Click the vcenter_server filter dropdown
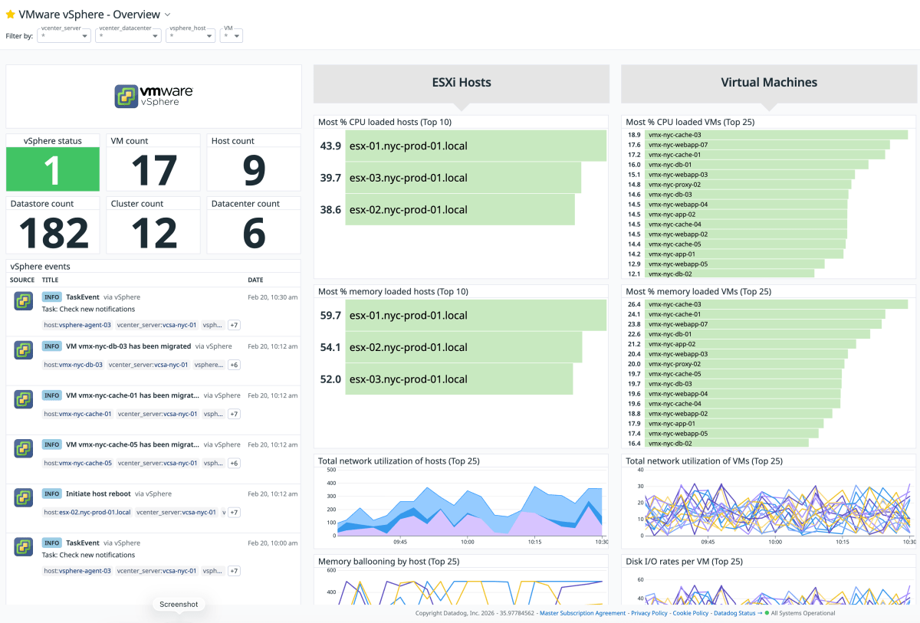[65, 36]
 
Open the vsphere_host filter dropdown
[190, 36]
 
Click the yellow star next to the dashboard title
[10, 15]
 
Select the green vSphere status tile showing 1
[53, 169]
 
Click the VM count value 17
[153, 170]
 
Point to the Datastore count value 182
[53, 233]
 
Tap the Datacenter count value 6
[254, 233]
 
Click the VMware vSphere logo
[153, 96]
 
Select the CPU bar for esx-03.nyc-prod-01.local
[463, 178]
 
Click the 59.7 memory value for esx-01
[330, 315]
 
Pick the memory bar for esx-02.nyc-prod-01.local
[463, 347]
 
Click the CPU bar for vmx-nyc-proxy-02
[747, 185]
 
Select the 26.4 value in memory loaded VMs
[634, 304]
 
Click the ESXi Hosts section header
[461, 83]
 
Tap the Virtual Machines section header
[768, 83]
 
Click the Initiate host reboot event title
[99, 493]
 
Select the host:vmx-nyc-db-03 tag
[73, 365]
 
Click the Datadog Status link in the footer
[734, 613]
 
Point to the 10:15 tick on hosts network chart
[534, 541]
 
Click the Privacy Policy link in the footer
[649, 613]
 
